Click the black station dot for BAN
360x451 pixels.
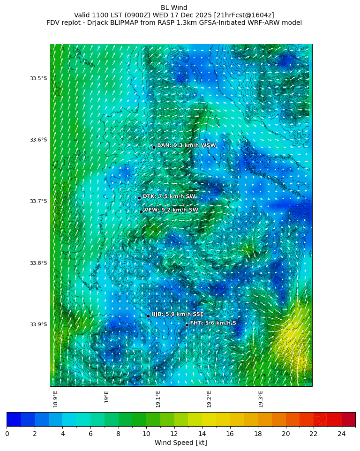click(154, 147)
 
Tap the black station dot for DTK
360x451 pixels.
click(139, 198)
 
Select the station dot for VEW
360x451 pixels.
click(141, 211)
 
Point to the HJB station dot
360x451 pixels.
click(148, 316)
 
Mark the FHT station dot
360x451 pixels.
click(187, 325)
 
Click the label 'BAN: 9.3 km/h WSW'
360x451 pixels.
click(187, 145)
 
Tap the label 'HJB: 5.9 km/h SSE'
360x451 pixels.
click(177, 314)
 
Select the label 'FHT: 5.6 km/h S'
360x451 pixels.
click(213, 323)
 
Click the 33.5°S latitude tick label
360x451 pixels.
click(38, 78)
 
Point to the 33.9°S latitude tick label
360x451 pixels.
click(38, 324)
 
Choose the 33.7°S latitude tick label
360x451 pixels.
click(38, 201)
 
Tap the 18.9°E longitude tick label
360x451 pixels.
click(55, 399)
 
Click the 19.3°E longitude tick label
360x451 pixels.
click(261, 399)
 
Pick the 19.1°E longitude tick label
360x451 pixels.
click(158, 399)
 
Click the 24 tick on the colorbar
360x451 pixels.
click(342, 434)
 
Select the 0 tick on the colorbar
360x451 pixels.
click(7, 434)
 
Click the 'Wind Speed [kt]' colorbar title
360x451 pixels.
click(180, 443)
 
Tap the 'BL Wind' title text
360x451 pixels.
click(174, 8)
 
